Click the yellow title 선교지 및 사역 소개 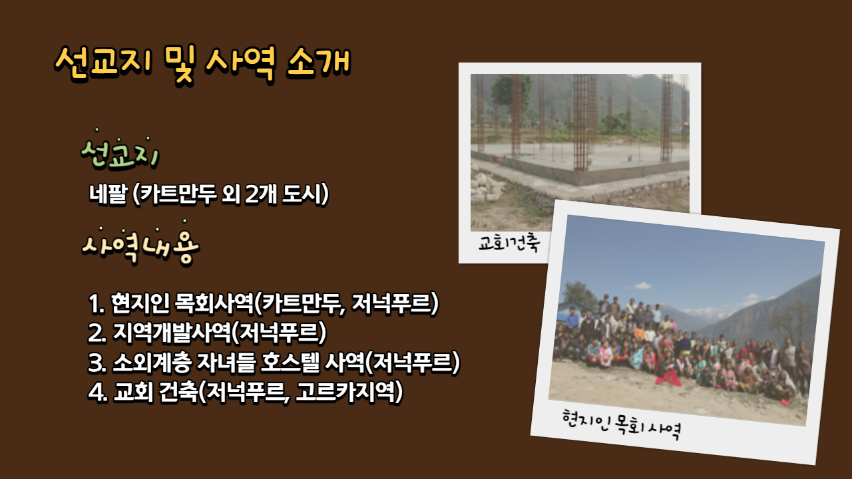[x=202, y=63]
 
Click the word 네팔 [x=108, y=194]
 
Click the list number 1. [x=96, y=304]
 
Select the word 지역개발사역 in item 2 [x=172, y=333]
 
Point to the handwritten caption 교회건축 [x=509, y=243]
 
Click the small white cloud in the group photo [x=642, y=285]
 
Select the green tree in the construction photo [x=511, y=90]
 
